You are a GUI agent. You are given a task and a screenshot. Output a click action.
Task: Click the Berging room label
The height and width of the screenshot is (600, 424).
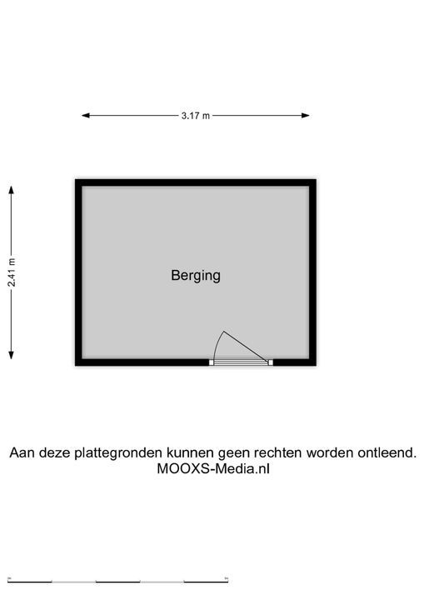(196, 276)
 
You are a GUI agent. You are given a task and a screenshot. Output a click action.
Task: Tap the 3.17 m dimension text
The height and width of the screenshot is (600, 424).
(196, 116)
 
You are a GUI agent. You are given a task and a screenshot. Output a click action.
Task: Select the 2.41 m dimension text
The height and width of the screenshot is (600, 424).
(12, 272)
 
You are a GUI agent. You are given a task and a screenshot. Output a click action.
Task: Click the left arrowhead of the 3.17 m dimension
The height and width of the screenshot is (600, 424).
(86, 115)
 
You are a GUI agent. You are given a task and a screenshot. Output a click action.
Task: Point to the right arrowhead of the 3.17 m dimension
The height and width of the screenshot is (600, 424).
(306, 115)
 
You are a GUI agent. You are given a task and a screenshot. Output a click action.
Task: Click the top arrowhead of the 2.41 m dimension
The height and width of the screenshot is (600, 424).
(12, 190)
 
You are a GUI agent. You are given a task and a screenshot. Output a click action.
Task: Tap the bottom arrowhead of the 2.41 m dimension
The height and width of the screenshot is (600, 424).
(12, 355)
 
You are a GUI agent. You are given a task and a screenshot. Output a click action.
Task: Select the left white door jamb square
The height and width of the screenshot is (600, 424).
(212, 362)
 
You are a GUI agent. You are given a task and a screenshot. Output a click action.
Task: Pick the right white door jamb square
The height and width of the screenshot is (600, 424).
(271, 362)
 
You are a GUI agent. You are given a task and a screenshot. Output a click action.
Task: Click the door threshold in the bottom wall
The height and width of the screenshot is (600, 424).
(241, 362)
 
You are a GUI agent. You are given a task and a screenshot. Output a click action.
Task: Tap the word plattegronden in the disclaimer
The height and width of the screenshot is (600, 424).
(118, 453)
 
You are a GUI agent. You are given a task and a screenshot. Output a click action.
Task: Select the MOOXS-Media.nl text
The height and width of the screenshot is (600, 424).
(213, 468)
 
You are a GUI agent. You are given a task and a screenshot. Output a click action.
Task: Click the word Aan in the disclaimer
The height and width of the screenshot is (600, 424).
(22, 452)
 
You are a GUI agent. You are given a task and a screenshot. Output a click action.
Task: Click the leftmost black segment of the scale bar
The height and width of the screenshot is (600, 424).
(30, 582)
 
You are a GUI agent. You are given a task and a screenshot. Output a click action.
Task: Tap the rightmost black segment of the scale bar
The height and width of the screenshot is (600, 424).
(206, 582)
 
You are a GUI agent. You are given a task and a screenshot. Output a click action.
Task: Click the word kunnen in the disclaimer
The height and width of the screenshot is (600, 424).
(190, 452)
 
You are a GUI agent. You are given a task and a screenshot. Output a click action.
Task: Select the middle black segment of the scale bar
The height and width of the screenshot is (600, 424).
(117, 582)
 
